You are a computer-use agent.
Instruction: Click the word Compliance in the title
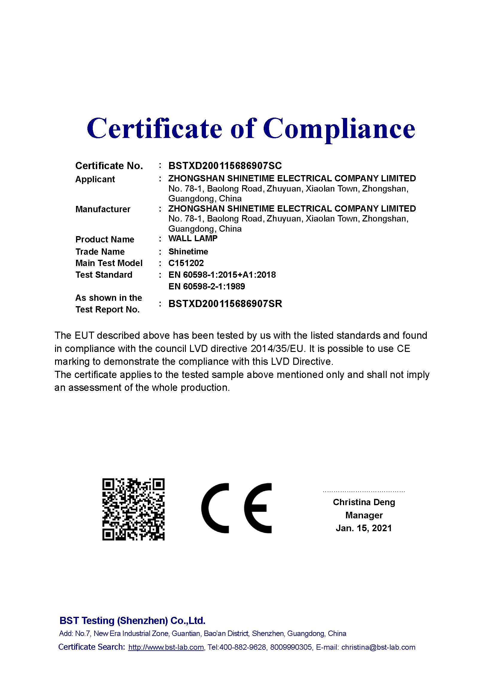(x=339, y=129)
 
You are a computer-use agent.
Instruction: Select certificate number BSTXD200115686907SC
(x=225, y=165)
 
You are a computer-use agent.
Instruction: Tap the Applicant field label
(x=95, y=179)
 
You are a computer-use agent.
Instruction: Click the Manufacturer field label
(x=103, y=209)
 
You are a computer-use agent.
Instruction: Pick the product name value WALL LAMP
(x=193, y=239)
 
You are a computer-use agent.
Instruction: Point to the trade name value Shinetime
(x=188, y=251)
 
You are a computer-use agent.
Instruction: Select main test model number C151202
(x=186, y=263)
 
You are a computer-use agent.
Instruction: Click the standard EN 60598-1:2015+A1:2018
(x=222, y=275)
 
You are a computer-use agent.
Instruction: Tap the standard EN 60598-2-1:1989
(x=207, y=286)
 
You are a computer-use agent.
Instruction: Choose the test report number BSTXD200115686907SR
(x=225, y=304)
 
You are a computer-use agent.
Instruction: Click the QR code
(x=133, y=509)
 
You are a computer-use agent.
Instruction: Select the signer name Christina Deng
(x=364, y=502)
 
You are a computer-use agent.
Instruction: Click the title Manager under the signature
(x=364, y=515)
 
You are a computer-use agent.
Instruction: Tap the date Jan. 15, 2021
(x=364, y=528)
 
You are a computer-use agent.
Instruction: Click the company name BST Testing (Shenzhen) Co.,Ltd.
(x=132, y=620)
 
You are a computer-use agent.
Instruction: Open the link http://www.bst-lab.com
(x=166, y=647)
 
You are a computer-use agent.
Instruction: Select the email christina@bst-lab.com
(x=378, y=647)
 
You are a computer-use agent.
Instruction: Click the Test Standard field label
(x=104, y=275)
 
